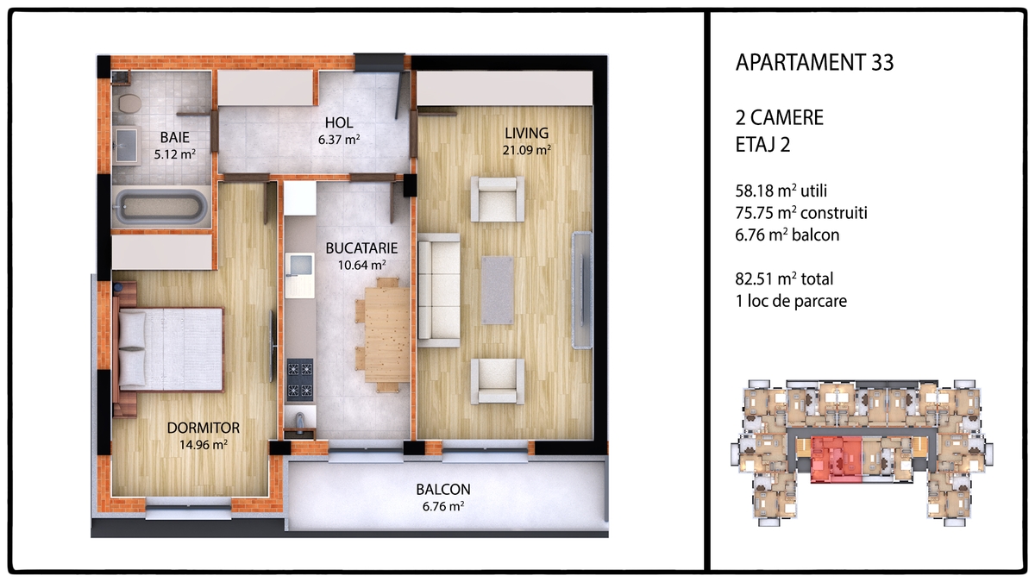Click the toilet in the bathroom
point(129,103)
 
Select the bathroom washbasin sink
point(127,146)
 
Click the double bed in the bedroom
point(169,349)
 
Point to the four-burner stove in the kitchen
point(300,379)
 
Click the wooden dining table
point(386,335)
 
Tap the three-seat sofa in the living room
point(439,290)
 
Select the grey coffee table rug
point(497,290)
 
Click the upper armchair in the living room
point(497,199)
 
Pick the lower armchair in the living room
point(497,381)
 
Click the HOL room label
point(339,122)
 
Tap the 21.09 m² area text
point(527,150)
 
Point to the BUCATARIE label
point(361,248)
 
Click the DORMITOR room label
point(204,428)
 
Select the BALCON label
point(443,489)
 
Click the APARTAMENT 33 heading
point(814,63)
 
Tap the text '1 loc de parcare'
point(791,301)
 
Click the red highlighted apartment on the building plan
point(837,460)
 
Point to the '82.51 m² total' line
point(784,279)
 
